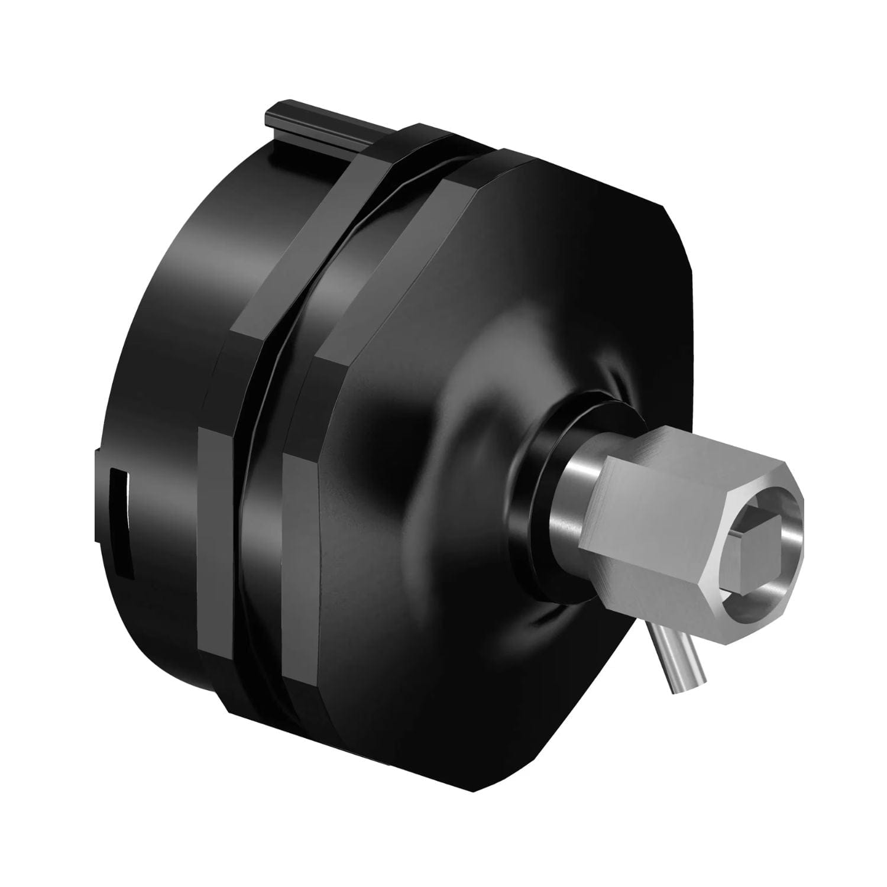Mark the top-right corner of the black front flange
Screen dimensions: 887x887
(x=662, y=204)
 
